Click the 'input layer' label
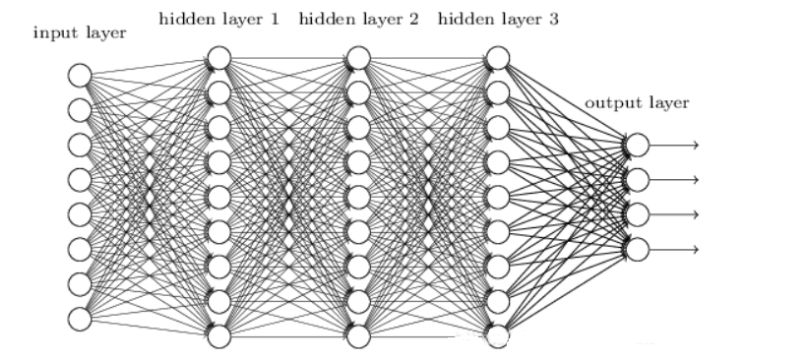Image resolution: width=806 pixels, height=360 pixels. click(81, 33)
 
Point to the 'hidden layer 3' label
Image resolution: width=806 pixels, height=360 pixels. click(496, 19)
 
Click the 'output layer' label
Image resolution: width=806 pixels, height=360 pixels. click(637, 102)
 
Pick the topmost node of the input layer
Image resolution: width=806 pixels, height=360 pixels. click(80, 75)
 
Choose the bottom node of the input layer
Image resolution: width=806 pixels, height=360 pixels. click(80, 318)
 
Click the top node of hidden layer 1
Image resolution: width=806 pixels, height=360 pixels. click(218, 58)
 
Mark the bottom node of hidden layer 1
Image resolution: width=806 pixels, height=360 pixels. click(218, 335)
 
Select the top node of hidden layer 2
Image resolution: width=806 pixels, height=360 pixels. click(358, 58)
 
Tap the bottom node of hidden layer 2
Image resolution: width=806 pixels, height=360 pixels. click(358, 335)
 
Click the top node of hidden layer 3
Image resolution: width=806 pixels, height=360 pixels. click(497, 58)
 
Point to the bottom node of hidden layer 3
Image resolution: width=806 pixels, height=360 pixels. click(497, 335)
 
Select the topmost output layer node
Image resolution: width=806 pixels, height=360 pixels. click(638, 146)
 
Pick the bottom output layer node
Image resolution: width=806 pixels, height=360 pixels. click(638, 249)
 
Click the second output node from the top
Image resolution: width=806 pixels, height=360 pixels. click(638, 180)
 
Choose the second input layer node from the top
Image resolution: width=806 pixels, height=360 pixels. click(80, 109)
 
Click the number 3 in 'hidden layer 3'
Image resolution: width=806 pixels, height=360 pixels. click(554, 19)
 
